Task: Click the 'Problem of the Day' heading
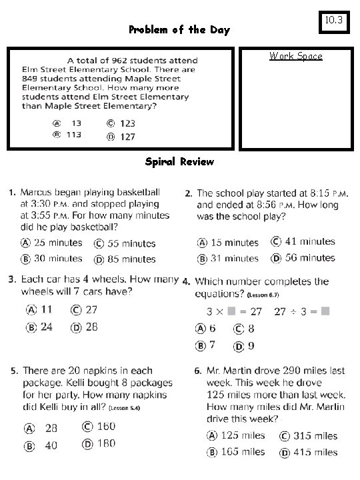[179, 30]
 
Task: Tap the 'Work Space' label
[295, 56]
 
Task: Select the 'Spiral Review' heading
[179, 161]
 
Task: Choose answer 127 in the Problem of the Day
[127, 137]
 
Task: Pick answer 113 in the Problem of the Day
[73, 135]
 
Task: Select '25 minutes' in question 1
[59, 243]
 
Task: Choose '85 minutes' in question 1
[131, 259]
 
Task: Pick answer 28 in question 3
[91, 326]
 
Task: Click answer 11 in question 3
[47, 309]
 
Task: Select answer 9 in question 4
[251, 345]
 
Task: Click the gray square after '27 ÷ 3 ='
[325, 311]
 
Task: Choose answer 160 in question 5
[106, 427]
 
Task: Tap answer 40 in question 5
[51, 445]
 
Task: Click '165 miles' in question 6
[243, 452]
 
